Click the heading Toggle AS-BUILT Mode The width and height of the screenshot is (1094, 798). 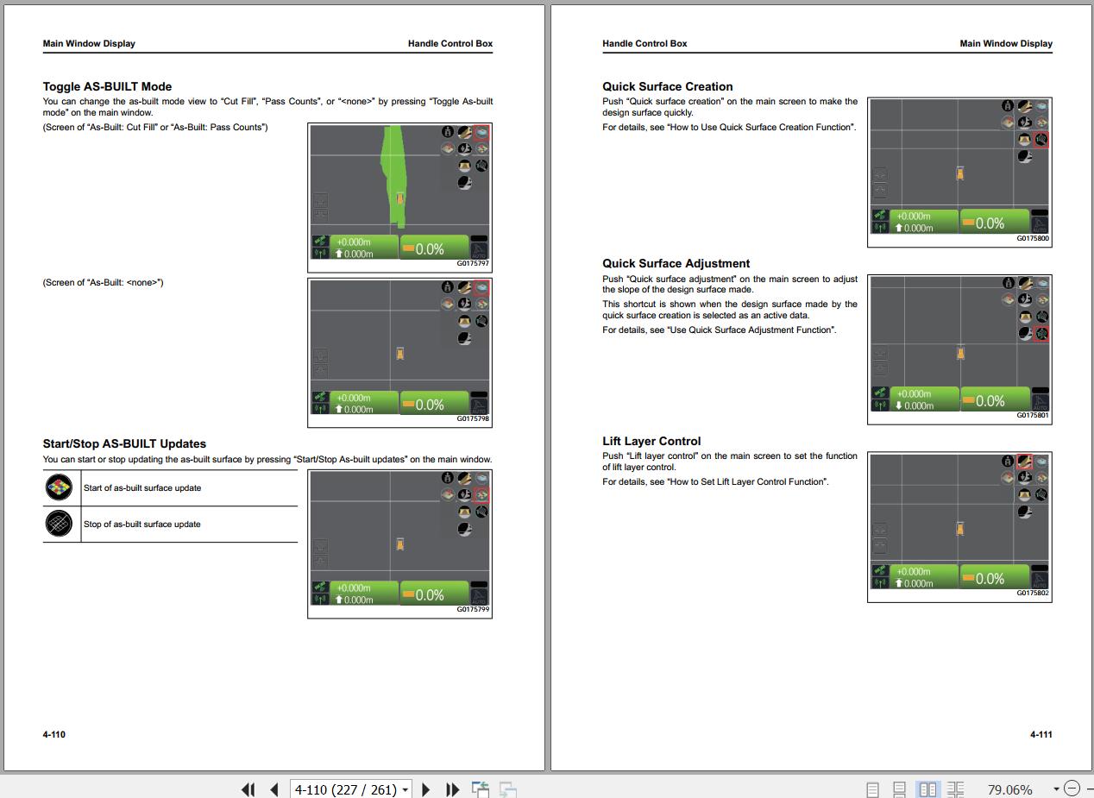107,86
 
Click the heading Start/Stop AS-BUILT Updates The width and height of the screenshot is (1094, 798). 124,443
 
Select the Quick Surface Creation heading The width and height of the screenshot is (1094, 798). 667,86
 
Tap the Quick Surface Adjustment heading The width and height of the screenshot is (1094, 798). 676,263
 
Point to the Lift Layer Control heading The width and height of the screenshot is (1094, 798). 651,441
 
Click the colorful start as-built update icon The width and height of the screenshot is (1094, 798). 59,487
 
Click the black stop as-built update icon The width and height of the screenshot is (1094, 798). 59,523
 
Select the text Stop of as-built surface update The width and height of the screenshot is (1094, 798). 141,524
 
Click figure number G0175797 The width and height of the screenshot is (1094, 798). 472,263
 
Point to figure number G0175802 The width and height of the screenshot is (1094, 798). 1033,593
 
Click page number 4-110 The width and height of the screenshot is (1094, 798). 53,734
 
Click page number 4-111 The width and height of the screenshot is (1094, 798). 1041,734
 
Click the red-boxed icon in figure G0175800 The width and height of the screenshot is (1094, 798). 1041,140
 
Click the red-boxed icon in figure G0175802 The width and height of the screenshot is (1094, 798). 1024,461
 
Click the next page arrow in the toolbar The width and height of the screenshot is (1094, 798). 425,789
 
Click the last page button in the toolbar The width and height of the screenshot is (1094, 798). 452,789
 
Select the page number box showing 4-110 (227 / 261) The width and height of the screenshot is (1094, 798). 350,789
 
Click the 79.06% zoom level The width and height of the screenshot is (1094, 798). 1009,789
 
